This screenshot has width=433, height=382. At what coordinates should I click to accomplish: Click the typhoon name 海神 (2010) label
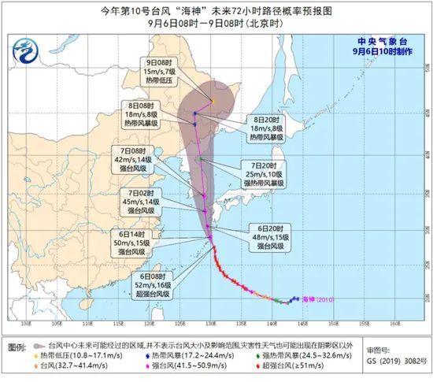pyautogui.click(x=319, y=299)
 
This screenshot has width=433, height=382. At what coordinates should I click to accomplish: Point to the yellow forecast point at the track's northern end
pyautogui.click(x=212, y=101)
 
